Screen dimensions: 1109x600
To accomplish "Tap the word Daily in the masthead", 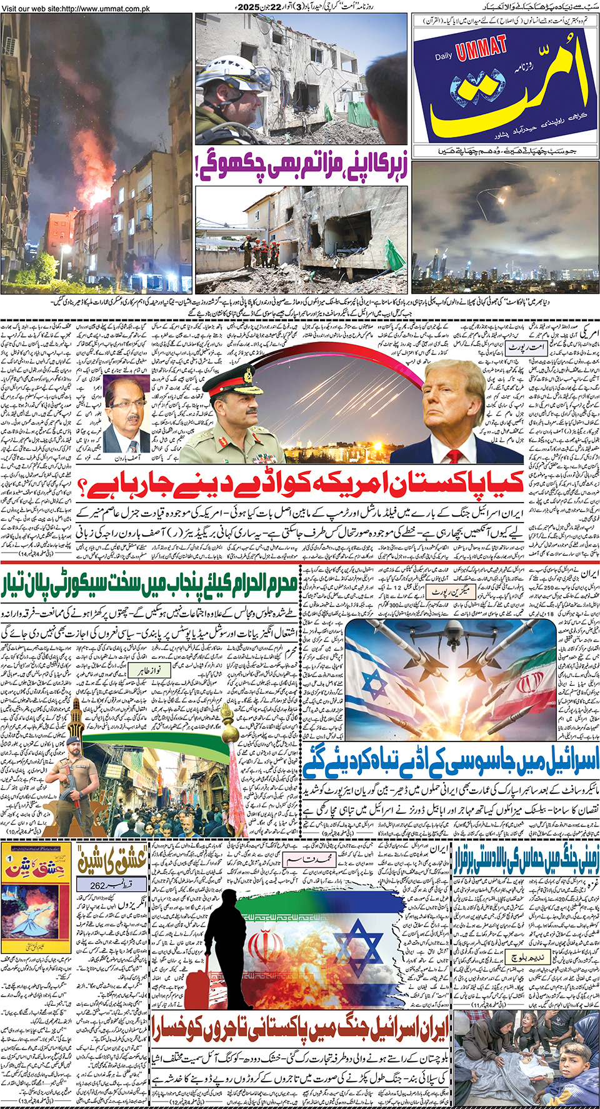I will click(x=444, y=57).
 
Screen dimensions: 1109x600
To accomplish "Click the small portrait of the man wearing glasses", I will click(x=128, y=416).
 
